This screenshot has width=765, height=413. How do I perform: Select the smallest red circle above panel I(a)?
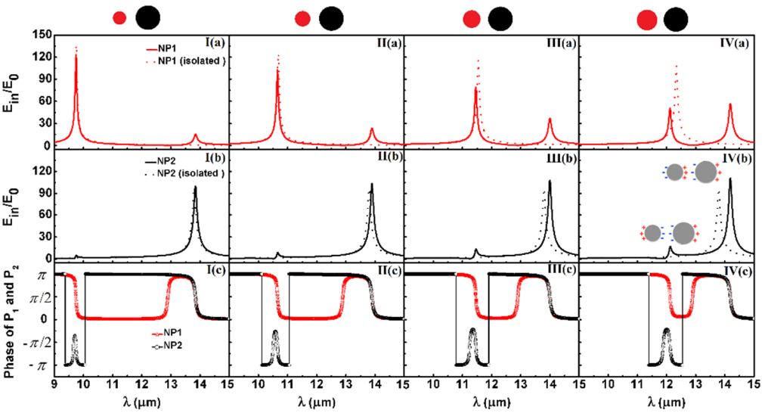pos(119,18)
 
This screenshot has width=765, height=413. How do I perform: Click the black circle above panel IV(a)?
pos(676,19)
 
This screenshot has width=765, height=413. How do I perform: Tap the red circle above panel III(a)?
pos(472,19)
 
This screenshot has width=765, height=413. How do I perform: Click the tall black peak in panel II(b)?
pos(371,186)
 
